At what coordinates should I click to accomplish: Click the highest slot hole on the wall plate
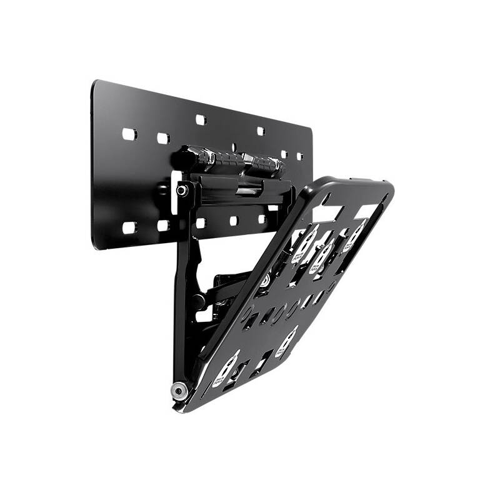pyautogui.click(x=200, y=119)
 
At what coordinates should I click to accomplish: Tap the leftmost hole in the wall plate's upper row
pyautogui.click(x=129, y=134)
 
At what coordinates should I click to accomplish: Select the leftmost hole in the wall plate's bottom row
pyautogui.click(x=129, y=227)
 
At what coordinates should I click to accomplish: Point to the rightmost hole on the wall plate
pyautogui.click(x=299, y=156)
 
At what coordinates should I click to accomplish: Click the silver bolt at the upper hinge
pyautogui.click(x=182, y=189)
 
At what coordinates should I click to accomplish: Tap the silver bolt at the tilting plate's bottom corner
pyautogui.click(x=179, y=391)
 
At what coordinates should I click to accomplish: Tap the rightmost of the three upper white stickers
pyautogui.click(x=355, y=236)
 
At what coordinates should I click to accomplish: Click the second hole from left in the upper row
pyautogui.click(x=162, y=138)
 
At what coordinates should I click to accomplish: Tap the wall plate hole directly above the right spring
pyautogui.click(x=261, y=131)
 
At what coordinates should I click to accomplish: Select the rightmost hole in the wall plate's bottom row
pyautogui.click(x=261, y=219)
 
